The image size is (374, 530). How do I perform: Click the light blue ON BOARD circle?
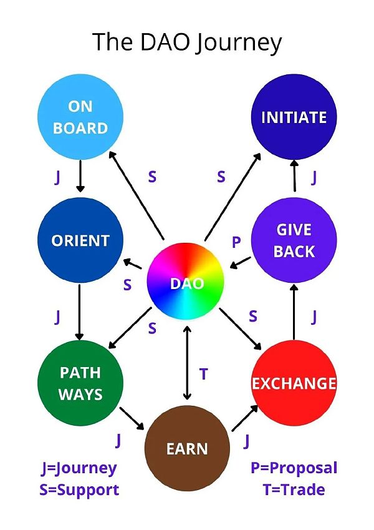(80, 117)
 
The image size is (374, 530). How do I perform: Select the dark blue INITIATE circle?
(294, 117)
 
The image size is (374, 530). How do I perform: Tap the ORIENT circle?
(80, 241)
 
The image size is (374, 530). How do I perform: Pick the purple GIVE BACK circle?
(294, 240)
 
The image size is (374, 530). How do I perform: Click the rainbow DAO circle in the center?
(186, 283)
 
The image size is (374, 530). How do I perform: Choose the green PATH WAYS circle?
(80, 383)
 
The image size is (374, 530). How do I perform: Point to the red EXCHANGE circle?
(294, 383)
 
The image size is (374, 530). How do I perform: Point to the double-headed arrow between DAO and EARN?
(186, 362)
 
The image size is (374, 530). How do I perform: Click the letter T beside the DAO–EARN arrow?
(203, 374)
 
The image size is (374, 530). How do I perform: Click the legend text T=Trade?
(294, 489)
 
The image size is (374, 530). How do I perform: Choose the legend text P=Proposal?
(294, 468)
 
